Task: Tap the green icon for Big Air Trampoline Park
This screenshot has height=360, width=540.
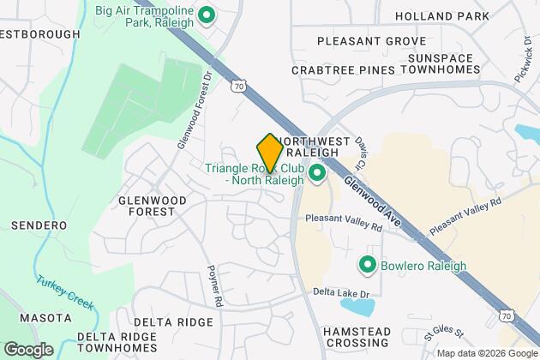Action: [206, 15]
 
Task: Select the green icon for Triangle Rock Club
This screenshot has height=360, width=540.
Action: [316, 174]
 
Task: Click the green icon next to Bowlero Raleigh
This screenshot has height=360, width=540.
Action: [369, 265]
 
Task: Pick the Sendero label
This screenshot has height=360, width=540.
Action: [39, 225]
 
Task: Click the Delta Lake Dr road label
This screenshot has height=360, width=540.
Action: [341, 293]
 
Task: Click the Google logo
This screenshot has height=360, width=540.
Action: [28, 349]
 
